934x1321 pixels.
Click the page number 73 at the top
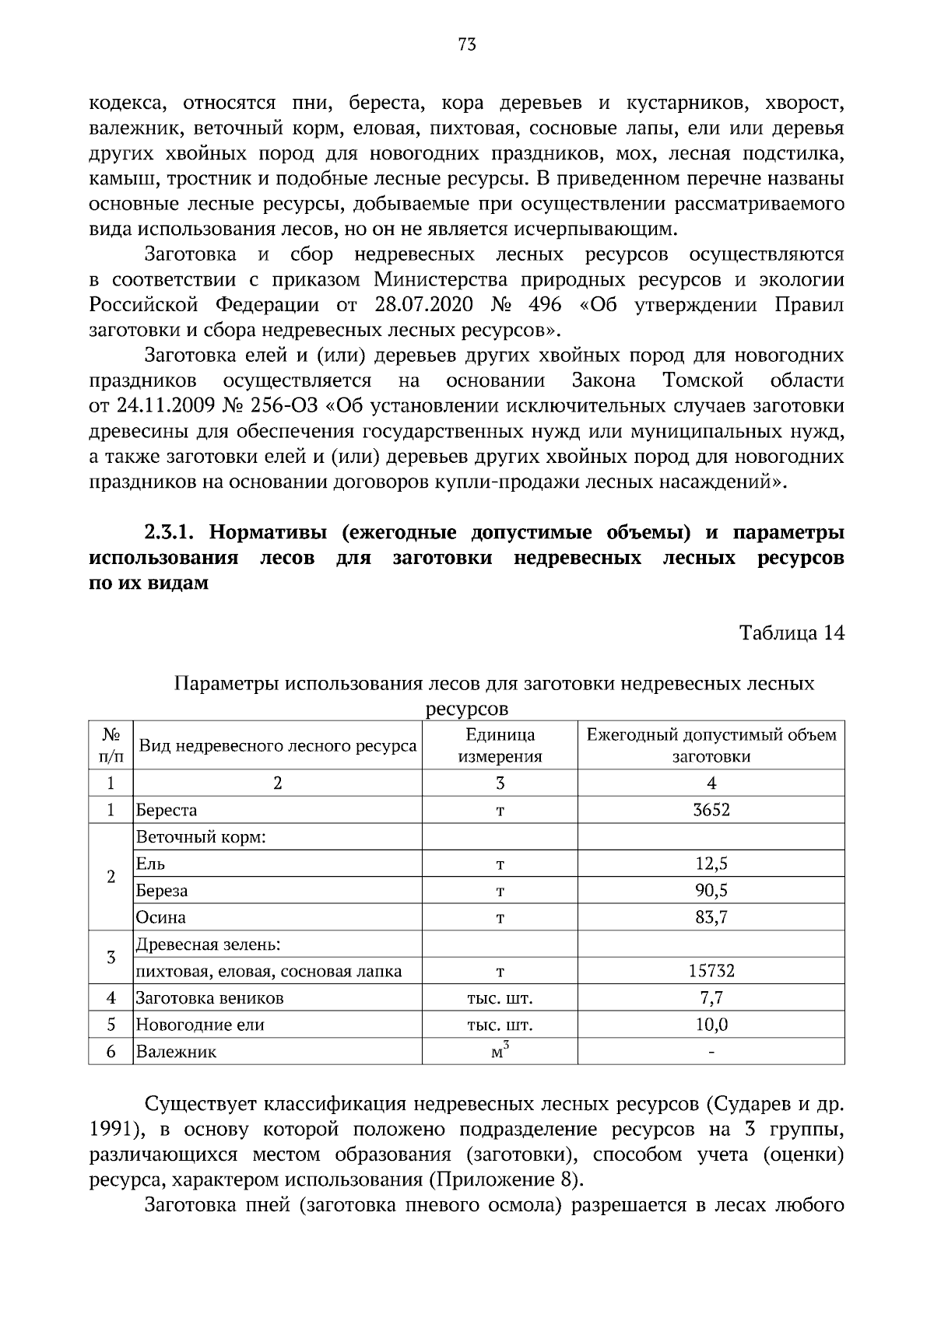467,44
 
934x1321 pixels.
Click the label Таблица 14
791,633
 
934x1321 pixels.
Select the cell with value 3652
711,810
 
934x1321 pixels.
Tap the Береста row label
167,810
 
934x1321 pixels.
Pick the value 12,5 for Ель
711,864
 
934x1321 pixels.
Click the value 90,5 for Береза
711,890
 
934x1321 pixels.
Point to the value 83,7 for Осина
711,917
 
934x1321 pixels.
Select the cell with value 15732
711,971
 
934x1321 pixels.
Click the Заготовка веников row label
209,998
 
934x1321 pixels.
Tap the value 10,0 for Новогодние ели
711,1025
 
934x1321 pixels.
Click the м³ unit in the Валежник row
500,1051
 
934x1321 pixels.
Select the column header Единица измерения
500,745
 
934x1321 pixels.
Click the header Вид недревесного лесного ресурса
277,746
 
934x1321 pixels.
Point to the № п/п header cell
111,745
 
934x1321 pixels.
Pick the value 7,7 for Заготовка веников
711,998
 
